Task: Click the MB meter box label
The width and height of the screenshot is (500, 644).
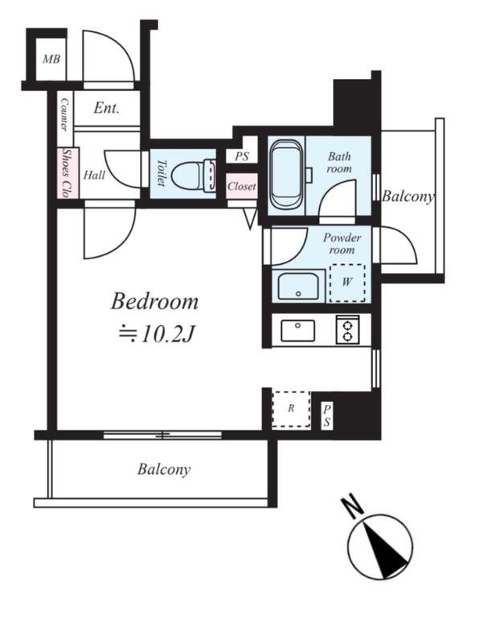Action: pos(51,59)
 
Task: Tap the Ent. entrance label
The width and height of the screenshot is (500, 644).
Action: pos(106,108)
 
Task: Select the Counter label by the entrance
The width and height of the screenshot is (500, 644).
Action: pos(65,114)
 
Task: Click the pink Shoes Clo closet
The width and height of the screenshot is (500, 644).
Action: pos(68,172)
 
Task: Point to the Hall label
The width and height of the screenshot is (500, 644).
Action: pos(94,175)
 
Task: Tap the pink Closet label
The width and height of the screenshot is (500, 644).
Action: pos(242,186)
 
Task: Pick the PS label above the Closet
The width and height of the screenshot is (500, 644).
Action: pos(242,156)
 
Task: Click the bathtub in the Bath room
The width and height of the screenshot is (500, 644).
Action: pos(287,174)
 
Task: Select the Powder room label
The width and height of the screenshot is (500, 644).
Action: pos(342,244)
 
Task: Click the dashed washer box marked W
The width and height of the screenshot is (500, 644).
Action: pos(347,283)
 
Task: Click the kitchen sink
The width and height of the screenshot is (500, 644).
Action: pos(297,331)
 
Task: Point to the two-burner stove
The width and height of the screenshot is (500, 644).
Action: pos(348,329)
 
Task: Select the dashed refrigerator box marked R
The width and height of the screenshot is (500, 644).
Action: pos(291,410)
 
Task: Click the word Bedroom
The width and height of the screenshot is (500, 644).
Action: pos(154,301)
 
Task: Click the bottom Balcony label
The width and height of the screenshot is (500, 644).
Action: pos(164,469)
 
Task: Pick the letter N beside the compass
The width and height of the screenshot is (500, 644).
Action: pos(352,506)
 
